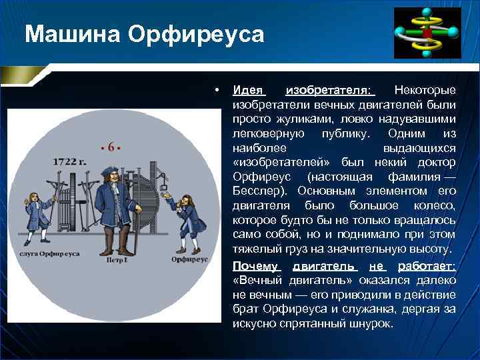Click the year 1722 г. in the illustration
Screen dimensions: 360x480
[x=71, y=161]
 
